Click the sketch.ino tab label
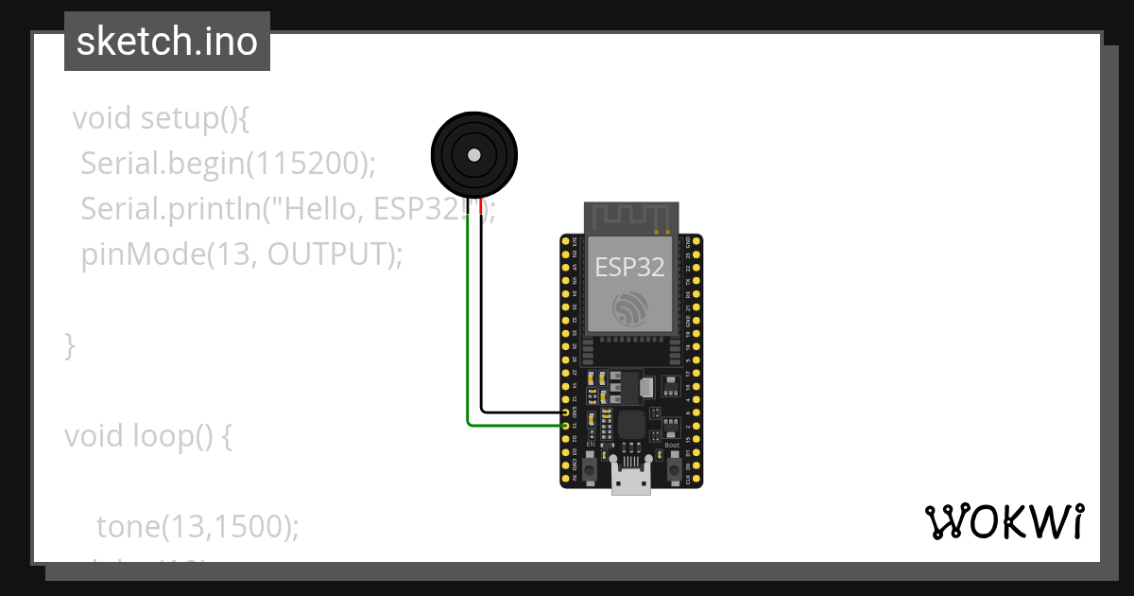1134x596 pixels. (x=167, y=42)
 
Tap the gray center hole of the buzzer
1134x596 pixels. (x=474, y=155)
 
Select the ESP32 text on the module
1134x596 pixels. (x=629, y=268)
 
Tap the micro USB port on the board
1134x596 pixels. (x=630, y=482)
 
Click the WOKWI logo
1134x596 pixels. (x=1004, y=521)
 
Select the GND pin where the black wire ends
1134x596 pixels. (x=566, y=412)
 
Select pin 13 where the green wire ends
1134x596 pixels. (x=566, y=426)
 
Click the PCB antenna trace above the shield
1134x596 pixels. (x=630, y=217)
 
